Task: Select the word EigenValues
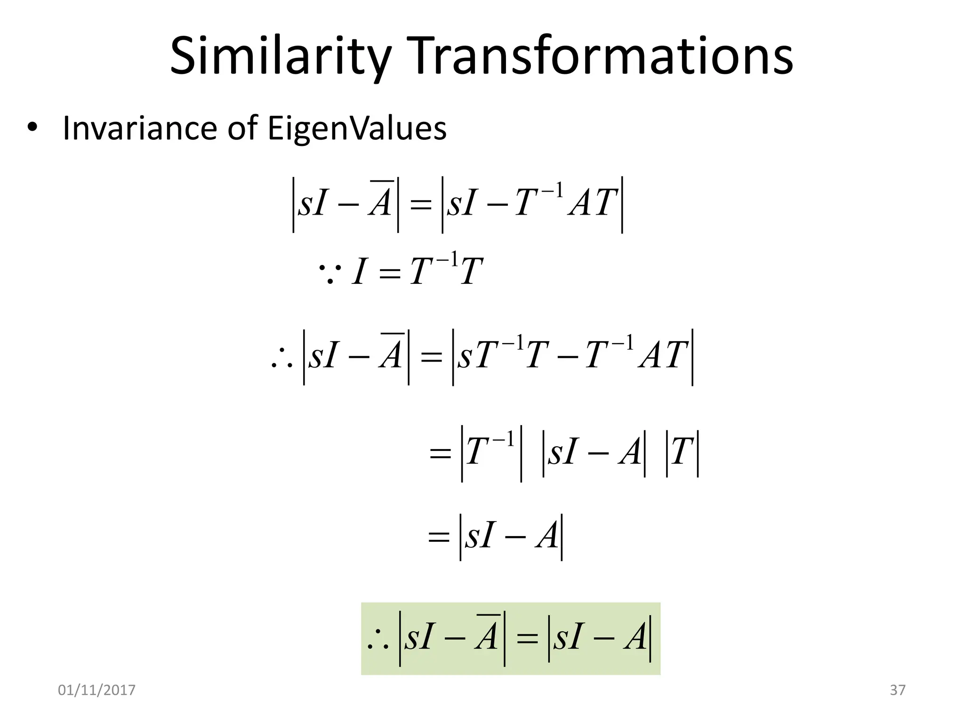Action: (x=357, y=128)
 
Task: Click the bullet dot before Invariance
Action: (x=32, y=128)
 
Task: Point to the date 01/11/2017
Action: (x=96, y=690)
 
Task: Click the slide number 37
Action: (x=898, y=690)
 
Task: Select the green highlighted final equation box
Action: (x=511, y=638)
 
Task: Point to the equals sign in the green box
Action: (x=527, y=639)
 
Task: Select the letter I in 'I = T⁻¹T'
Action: (x=359, y=272)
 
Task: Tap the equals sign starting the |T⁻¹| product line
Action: (x=441, y=455)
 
